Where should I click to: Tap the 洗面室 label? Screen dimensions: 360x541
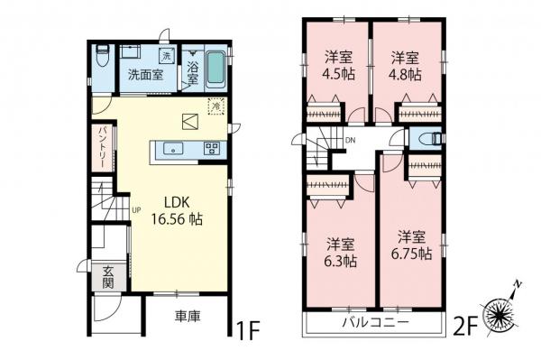click(144, 75)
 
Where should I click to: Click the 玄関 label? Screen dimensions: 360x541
click(107, 277)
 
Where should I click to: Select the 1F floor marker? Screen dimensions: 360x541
click(249, 323)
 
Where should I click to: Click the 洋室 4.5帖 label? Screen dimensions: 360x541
click(337, 65)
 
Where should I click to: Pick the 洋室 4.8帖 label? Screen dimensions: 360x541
click(405, 65)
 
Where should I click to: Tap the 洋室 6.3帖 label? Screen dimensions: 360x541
click(341, 253)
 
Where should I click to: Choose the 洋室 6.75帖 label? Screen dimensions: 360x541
click(413, 245)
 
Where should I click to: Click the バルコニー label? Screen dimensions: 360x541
click(374, 322)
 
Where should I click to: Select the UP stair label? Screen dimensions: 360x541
click(136, 212)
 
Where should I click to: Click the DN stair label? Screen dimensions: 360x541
click(351, 141)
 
